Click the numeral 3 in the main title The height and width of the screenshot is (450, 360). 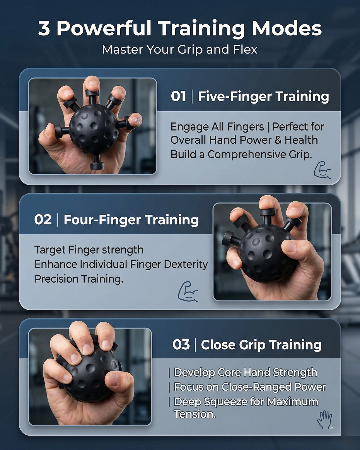(x=44, y=28)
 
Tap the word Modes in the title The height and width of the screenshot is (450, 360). (x=287, y=28)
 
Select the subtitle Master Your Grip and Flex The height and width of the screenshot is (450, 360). (x=180, y=50)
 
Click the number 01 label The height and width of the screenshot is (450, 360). (x=178, y=96)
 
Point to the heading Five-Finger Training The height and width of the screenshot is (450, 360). (x=263, y=96)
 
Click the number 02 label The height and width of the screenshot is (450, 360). (x=43, y=220)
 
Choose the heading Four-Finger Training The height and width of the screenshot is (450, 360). (x=131, y=220)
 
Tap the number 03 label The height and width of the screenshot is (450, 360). (x=181, y=345)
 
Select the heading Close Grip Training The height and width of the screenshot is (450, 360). (x=261, y=345)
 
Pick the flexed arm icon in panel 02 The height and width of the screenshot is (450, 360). (x=188, y=292)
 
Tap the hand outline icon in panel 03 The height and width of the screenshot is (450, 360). (x=324, y=419)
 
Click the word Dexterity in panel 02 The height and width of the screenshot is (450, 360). (x=186, y=264)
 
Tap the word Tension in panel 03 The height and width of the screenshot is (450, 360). (x=195, y=414)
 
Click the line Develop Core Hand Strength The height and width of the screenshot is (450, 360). (x=245, y=372)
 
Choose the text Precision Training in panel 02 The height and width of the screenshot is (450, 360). (x=79, y=279)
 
